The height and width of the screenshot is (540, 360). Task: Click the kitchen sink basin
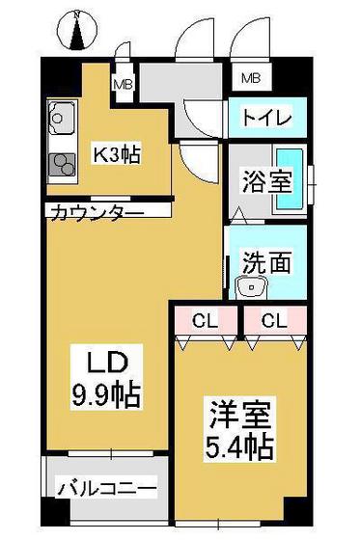[58, 121]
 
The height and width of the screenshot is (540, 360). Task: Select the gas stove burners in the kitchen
[62, 165]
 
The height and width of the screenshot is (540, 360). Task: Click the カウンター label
[96, 211]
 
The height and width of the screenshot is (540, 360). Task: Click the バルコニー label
[107, 490]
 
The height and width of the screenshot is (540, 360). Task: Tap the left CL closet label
[203, 319]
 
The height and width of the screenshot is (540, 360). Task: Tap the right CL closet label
[271, 319]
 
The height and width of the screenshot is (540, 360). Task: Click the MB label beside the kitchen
[125, 85]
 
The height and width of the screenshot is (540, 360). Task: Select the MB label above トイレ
[250, 77]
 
